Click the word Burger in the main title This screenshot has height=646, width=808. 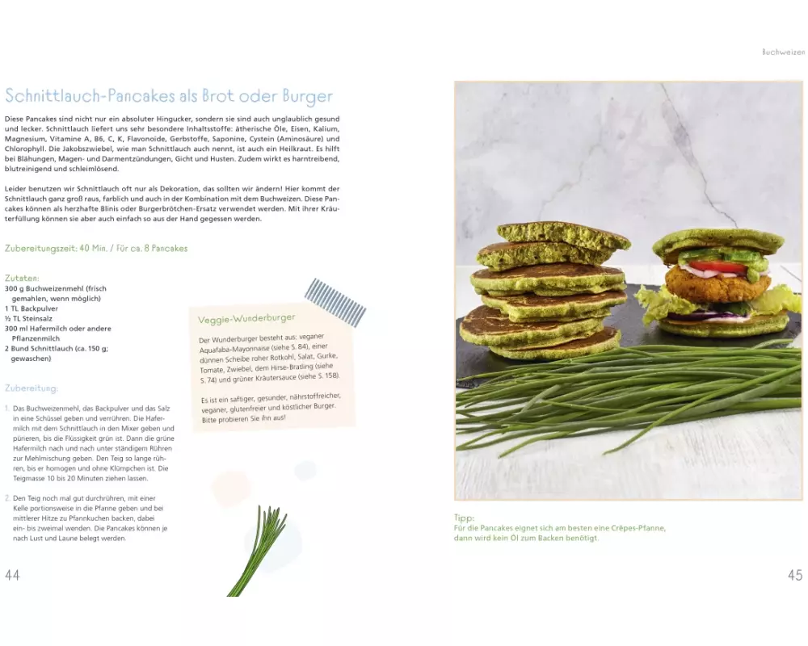tap(308, 96)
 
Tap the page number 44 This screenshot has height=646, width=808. tap(12, 575)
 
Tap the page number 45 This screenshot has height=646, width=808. tap(795, 575)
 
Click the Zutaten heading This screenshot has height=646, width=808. tap(22, 278)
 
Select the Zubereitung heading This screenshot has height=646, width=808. tap(32, 388)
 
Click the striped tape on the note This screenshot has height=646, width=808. tap(335, 302)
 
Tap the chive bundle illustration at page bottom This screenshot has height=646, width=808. tap(258, 552)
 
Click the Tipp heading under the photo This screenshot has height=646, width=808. tap(464, 518)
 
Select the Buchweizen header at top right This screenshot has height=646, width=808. tap(783, 52)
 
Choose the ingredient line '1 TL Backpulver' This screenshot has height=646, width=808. tap(32, 308)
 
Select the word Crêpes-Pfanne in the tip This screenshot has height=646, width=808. tap(638, 528)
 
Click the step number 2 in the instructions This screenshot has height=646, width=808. tap(7, 498)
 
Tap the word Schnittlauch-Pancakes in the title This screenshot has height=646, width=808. tap(90, 96)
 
